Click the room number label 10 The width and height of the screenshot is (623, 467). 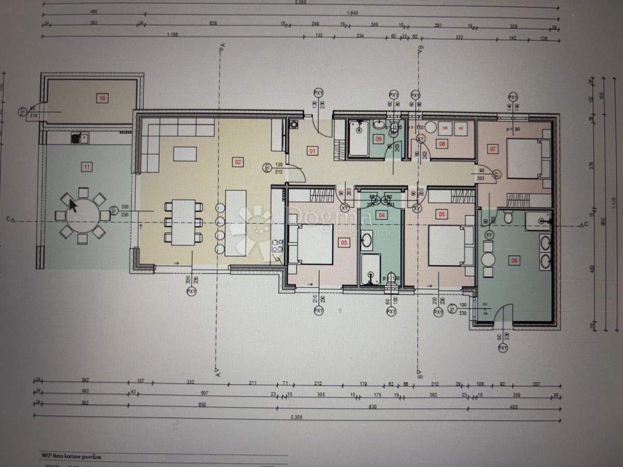(102, 98)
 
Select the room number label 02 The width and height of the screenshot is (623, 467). (238, 162)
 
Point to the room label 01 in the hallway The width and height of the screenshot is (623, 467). (313, 152)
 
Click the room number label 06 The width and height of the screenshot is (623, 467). (514, 260)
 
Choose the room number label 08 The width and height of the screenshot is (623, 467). (442, 144)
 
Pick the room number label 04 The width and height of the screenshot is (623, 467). (382, 215)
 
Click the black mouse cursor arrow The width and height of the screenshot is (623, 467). (73, 205)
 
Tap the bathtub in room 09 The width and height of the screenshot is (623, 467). (358, 139)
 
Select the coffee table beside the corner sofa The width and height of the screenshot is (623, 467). (185, 154)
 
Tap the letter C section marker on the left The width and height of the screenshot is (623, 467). (9, 219)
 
